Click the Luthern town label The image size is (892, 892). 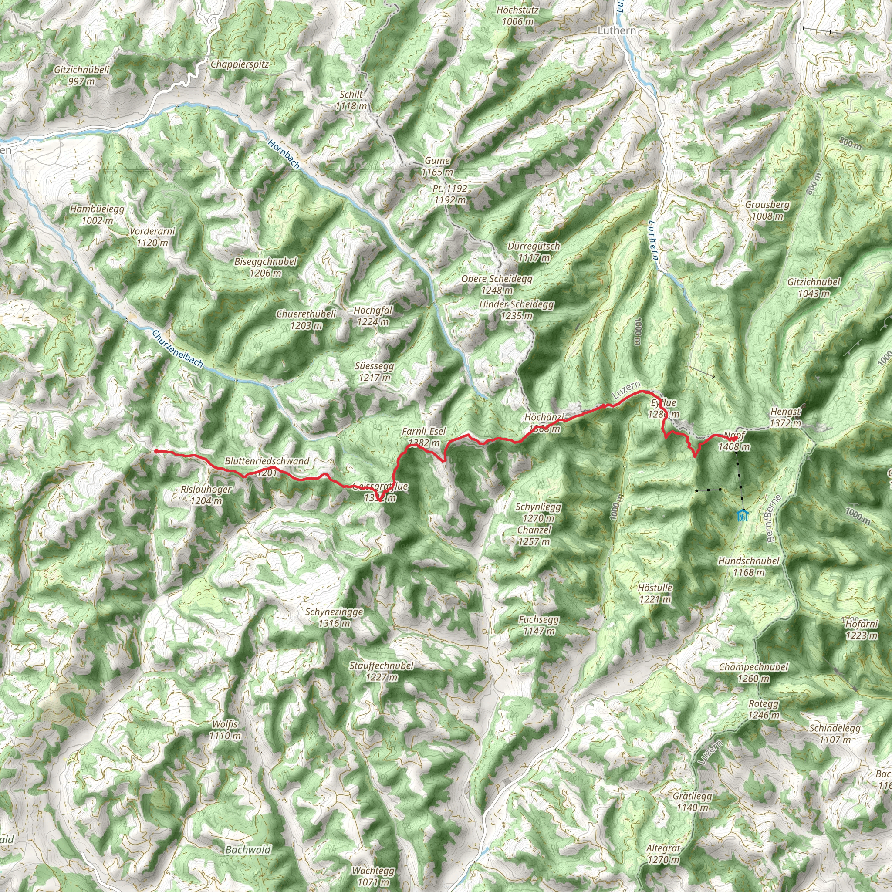616,30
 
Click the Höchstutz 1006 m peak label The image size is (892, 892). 517,16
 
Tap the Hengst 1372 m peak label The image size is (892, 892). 785,417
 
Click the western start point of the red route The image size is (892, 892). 156,451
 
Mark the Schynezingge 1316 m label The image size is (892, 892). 334,617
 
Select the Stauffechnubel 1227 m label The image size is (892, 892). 382,671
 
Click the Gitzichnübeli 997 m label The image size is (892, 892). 82,75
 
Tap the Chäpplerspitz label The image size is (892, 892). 239,64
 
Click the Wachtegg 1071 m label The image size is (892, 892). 373,876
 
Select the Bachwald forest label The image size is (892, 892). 248,849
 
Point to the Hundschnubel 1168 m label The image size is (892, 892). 748,567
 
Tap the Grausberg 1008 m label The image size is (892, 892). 767,210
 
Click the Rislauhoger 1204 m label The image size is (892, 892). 206,494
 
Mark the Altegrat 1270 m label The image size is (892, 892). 663,854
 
